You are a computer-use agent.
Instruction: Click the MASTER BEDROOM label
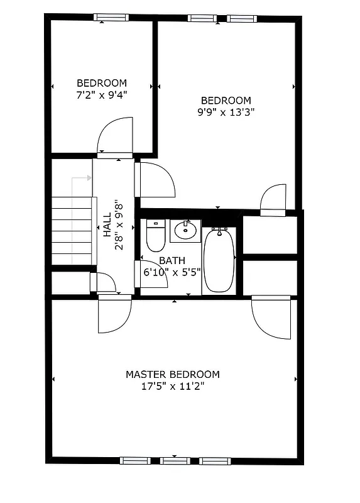click(173, 374)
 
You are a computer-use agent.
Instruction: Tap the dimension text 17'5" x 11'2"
click(173, 387)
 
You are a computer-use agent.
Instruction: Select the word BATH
click(171, 260)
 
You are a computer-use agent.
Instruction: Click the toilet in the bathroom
click(155, 235)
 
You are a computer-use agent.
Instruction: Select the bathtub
click(219, 260)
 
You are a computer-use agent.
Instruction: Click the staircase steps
click(72, 230)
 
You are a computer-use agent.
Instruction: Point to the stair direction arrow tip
click(90, 178)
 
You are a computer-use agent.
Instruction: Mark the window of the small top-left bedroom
click(111, 18)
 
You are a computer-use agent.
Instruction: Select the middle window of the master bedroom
click(175, 461)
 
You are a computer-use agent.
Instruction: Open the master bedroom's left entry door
click(114, 316)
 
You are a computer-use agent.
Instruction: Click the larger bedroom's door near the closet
click(274, 197)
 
